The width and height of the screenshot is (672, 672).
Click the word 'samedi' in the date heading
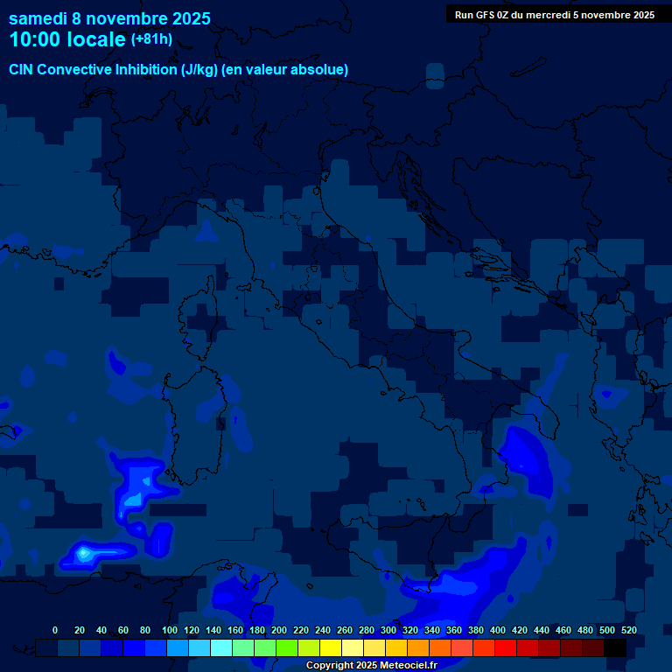pyautogui.click(x=37, y=18)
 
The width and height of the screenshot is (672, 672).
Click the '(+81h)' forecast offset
pyautogui.click(x=151, y=39)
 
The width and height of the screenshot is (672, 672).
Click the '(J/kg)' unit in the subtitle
pyautogui.click(x=201, y=69)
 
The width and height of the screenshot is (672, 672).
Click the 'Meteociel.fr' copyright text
pyautogui.click(x=402, y=666)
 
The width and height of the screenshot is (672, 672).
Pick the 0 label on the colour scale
pyautogui.click(x=55, y=630)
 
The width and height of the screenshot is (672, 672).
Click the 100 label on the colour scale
pyautogui.click(x=170, y=630)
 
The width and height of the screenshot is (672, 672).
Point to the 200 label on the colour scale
pyautogui.click(x=279, y=630)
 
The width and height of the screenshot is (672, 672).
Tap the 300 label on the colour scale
pyautogui.click(x=388, y=630)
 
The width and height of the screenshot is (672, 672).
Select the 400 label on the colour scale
pyautogui.click(x=498, y=630)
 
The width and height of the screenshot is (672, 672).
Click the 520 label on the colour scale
pyautogui.click(x=628, y=630)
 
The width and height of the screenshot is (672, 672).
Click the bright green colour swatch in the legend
pyautogui.click(x=287, y=647)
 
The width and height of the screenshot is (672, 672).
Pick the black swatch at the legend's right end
pyautogui.click(x=615, y=647)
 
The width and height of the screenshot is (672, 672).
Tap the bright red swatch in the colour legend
pyautogui.click(x=506, y=647)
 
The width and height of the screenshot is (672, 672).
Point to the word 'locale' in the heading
pyautogui.click(x=93, y=39)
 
